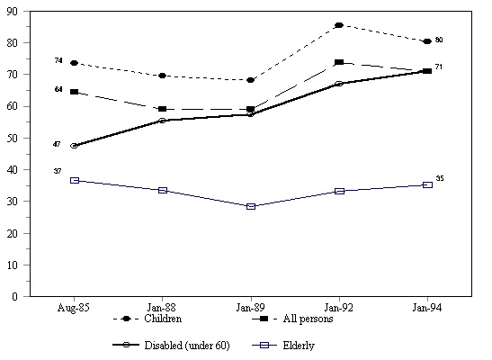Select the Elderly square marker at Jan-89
coord(251,206)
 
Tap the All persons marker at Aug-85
coord(74,92)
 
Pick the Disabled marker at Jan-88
coord(162,121)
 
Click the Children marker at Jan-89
coord(251,80)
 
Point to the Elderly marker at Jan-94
coord(427,184)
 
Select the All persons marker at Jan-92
coord(339,62)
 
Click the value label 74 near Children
coord(58,61)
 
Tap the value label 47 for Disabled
coord(58,144)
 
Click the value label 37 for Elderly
coord(58,171)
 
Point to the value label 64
coord(58,89)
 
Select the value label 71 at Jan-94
coord(440,67)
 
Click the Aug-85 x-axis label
coord(74,308)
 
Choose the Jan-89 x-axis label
coord(251,308)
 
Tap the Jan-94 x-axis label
coord(427,308)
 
